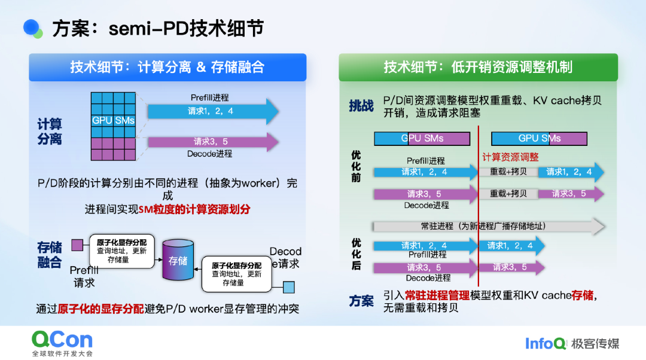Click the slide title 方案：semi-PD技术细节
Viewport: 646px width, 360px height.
[158, 28]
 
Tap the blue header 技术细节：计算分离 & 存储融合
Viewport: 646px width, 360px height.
[167, 67]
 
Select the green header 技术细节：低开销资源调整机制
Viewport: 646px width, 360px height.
[478, 67]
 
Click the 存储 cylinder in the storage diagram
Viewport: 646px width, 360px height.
[178, 260]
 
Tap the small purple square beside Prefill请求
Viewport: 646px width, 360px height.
[77, 245]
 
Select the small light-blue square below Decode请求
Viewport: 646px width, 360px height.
[289, 288]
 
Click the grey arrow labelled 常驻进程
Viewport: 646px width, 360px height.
[487, 226]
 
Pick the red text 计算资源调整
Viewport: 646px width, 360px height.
[510, 157]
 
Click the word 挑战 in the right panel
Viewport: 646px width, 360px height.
[361, 106]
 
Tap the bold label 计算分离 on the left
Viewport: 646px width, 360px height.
[50, 132]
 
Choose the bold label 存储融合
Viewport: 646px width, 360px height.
[50, 255]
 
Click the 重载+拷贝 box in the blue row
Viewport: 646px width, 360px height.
[508, 172]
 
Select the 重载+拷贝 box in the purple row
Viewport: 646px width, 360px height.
[508, 194]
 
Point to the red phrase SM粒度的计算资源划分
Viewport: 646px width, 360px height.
[194, 209]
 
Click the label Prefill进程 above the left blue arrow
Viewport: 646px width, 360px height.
[209, 97]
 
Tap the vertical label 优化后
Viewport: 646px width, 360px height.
[356, 254]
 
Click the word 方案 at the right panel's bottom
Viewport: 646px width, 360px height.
[361, 301]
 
